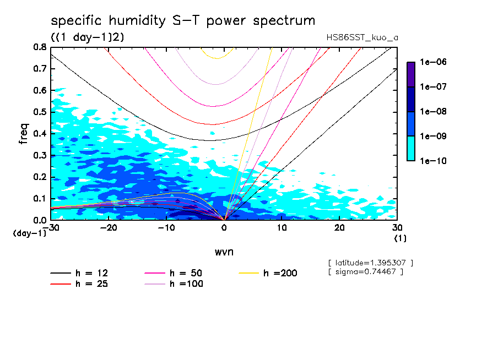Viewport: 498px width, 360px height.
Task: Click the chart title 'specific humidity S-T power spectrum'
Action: coord(183,21)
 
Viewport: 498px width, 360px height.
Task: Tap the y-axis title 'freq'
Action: coord(24,133)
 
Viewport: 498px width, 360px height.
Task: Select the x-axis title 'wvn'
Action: coord(224,252)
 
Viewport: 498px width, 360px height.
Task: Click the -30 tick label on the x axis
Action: coord(50,227)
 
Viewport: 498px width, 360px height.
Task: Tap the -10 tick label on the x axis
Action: coord(166,227)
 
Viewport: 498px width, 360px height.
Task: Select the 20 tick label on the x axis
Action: coord(339,227)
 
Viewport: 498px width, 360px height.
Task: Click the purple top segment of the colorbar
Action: coord(411,74)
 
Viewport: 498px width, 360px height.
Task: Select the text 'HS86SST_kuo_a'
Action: coord(362,37)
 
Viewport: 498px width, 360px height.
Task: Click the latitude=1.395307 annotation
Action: coord(370,263)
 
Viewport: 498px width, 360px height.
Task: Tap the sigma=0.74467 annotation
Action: coord(365,271)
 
